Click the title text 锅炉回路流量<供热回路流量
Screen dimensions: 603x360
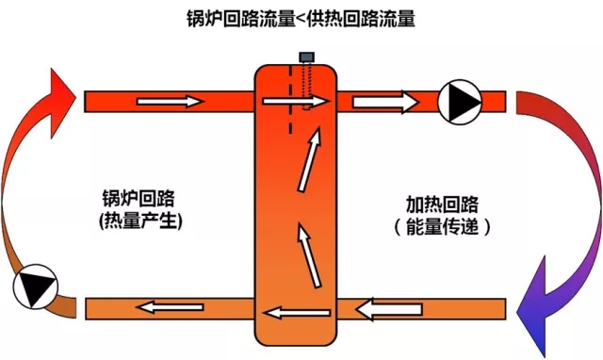pyautogui.click(x=301, y=18)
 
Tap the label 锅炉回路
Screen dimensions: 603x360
pyautogui.click(x=139, y=199)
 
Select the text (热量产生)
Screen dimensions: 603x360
pyautogui.click(x=140, y=221)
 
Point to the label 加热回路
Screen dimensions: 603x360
pyautogui.click(x=442, y=204)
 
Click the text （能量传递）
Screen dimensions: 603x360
pyautogui.click(x=442, y=226)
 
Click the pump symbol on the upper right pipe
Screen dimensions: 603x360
pyautogui.click(x=460, y=102)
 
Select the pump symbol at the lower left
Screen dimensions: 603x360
pyautogui.click(x=36, y=286)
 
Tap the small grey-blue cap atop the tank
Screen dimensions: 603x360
pyautogui.click(x=306, y=57)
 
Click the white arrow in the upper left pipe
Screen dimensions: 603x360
pyautogui.click(x=170, y=102)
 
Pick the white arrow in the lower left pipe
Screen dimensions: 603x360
pyautogui.click(x=170, y=307)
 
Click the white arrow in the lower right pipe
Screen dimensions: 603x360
pyautogui.click(x=389, y=309)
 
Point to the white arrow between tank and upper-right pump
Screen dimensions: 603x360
pyautogui.click(x=385, y=103)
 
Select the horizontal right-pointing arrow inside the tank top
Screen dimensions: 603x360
pyautogui.click(x=295, y=101)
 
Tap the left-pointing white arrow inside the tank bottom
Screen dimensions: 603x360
pyautogui.click(x=298, y=312)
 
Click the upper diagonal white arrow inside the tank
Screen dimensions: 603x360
pyautogui.click(x=310, y=159)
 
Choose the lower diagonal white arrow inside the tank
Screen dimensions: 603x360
pyautogui.click(x=309, y=255)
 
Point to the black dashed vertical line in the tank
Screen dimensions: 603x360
pyautogui.click(x=291, y=99)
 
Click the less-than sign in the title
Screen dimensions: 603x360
pyautogui.click(x=301, y=19)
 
